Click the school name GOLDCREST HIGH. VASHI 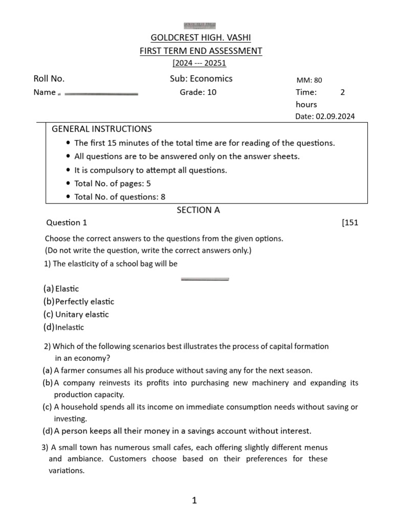[201, 38]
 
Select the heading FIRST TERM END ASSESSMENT [201, 51]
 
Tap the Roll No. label [49, 78]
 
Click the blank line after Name [101, 94]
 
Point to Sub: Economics [201, 78]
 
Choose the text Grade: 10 [198, 92]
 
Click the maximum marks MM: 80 [309, 80]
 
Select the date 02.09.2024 [335, 116]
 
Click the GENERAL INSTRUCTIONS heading [102, 129]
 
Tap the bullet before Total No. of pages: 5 [69, 184]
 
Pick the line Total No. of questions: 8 [120, 197]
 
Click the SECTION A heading [198, 210]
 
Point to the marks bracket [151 [350, 223]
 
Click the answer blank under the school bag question [205, 279]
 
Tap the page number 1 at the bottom [194, 500]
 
